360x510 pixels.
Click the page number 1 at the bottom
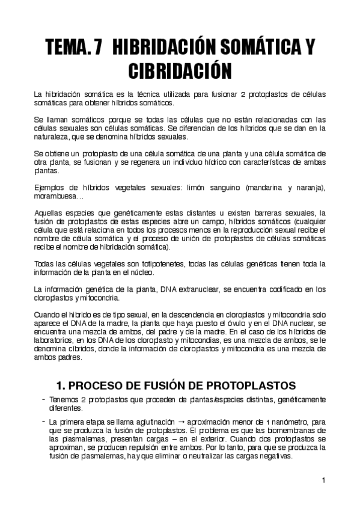point(323,480)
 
